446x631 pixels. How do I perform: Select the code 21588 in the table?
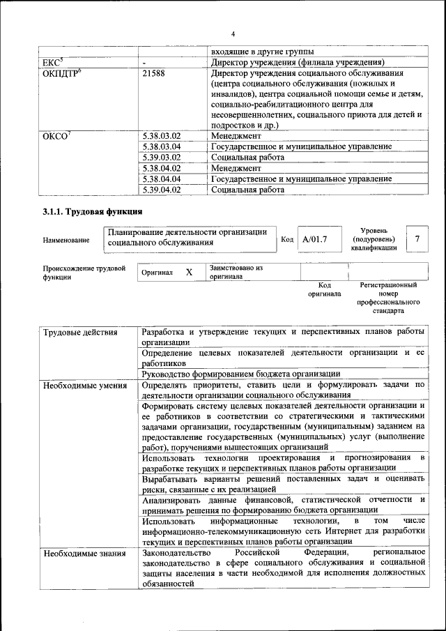(x=153, y=73)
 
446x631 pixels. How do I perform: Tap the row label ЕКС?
(x=54, y=62)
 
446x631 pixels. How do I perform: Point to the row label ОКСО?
(x=56, y=136)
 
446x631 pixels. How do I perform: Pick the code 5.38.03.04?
(x=161, y=146)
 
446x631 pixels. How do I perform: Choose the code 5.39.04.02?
(x=161, y=189)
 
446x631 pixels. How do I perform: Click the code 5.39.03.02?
(x=161, y=158)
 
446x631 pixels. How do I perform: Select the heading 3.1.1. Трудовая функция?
(x=93, y=211)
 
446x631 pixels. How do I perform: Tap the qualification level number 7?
(x=417, y=239)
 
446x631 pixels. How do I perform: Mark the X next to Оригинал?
(x=189, y=273)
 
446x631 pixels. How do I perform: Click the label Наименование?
(x=66, y=241)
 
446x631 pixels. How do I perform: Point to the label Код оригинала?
(x=324, y=289)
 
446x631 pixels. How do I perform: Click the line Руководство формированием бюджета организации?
(x=240, y=374)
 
